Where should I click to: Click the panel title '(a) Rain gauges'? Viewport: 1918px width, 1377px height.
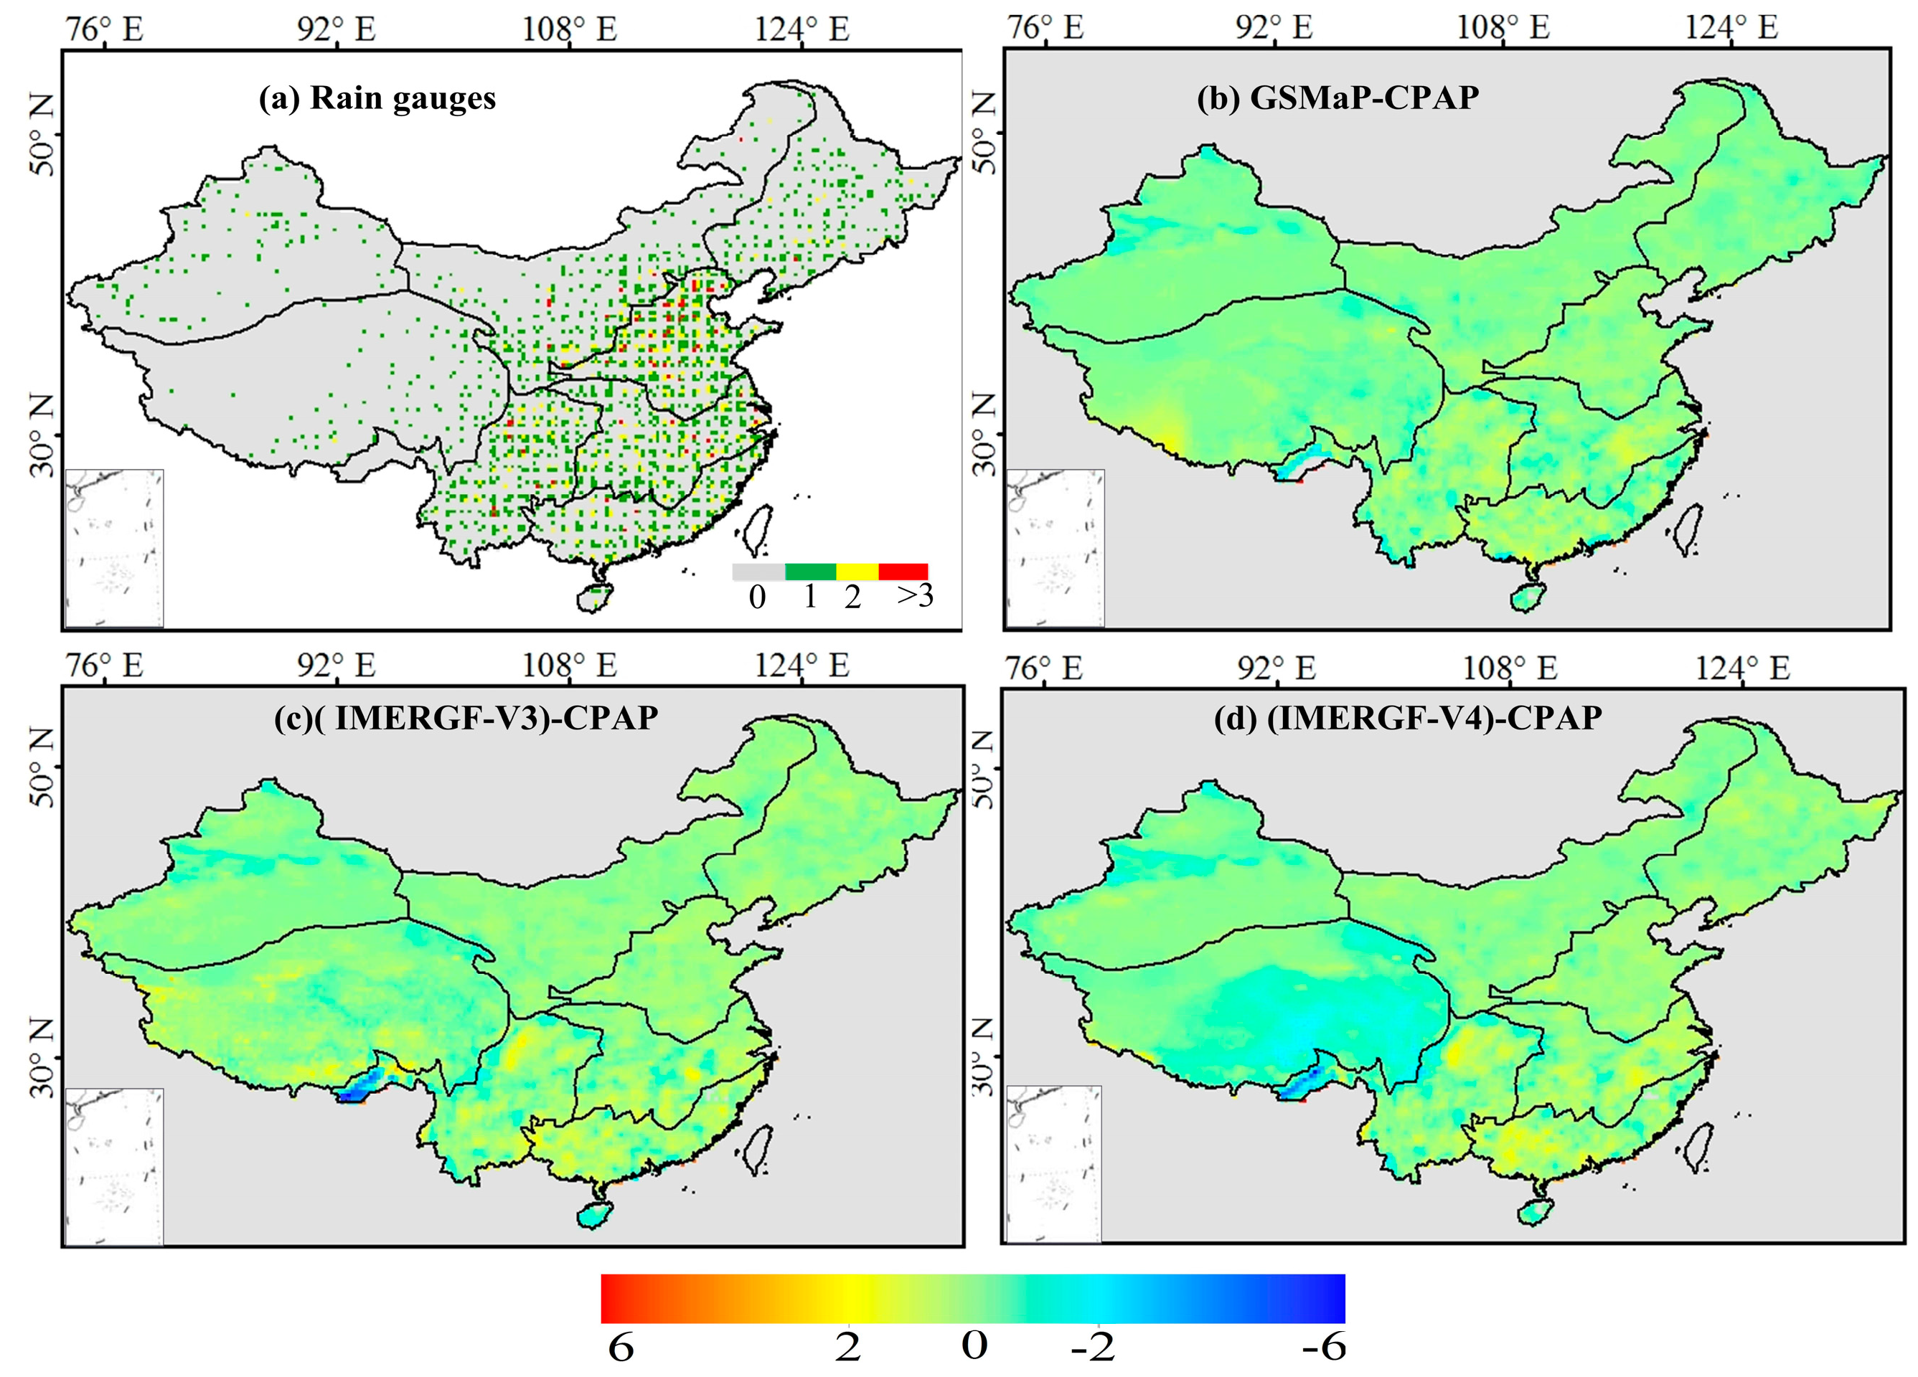tap(377, 98)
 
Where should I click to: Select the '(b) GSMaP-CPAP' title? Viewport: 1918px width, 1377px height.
tap(1338, 98)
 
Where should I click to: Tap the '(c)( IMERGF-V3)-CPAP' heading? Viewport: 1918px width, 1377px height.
tap(466, 718)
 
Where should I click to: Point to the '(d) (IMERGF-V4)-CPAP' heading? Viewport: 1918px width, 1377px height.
tap(1408, 718)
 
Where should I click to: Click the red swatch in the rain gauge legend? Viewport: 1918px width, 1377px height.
tap(903, 572)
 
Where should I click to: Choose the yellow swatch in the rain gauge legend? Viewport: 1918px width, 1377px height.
tap(857, 572)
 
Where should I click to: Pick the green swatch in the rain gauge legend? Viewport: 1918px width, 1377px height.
tap(810, 572)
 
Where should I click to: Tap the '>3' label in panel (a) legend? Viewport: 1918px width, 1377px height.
tap(915, 596)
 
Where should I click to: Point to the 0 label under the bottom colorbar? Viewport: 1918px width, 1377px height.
tap(974, 1345)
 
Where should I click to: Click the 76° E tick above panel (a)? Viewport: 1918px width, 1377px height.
tap(105, 29)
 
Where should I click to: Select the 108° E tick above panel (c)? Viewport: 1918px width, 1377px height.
tap(569, 666)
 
